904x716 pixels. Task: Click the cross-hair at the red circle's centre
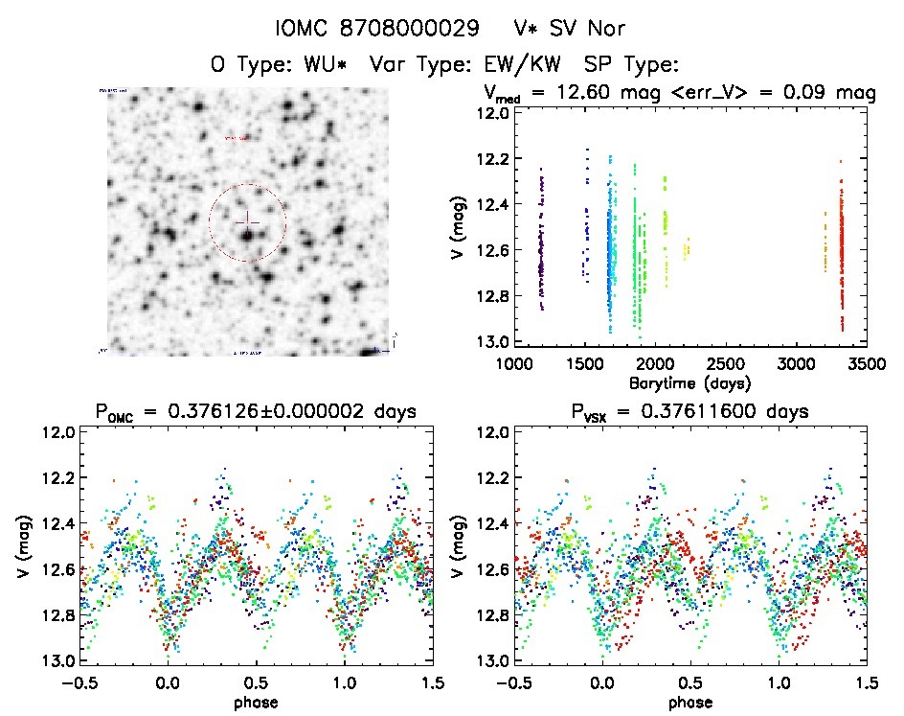[247, 219]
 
